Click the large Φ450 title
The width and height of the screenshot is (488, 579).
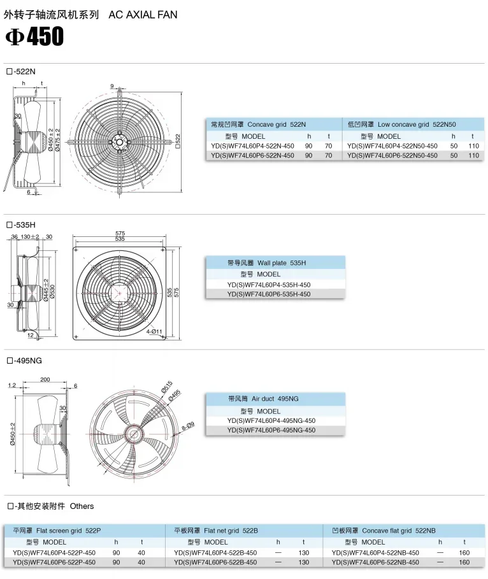point(34,36)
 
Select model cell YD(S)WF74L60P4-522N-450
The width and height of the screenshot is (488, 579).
point(253,146)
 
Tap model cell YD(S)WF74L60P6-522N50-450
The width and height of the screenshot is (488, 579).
point(392,155)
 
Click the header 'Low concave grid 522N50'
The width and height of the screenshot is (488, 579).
point(417,124)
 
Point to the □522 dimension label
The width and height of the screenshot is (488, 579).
point(178,141)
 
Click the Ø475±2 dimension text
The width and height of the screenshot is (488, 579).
point(57,139)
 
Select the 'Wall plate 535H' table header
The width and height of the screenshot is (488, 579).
point(282,263)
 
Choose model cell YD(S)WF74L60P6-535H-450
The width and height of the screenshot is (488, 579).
point(269,294)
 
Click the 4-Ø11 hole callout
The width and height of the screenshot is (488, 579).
point(154,331)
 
